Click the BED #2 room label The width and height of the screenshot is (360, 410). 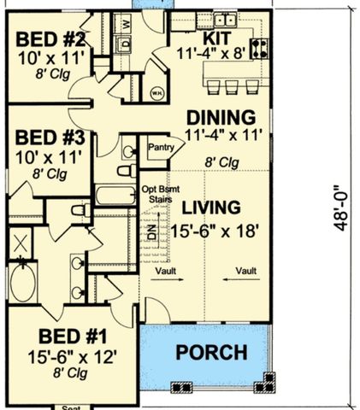[50, 41]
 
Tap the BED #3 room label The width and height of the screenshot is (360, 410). [50, 138]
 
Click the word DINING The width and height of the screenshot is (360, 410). [220, 117]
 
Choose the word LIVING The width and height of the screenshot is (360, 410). [209, 207]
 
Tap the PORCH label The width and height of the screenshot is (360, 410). [211, 352]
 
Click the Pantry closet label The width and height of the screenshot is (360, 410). [161, 147]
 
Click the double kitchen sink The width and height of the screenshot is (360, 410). [225, 20]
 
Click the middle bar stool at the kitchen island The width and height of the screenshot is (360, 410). [232, 86]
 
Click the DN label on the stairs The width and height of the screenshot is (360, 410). [150, 232]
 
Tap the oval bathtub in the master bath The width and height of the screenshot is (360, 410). [22, 288]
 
